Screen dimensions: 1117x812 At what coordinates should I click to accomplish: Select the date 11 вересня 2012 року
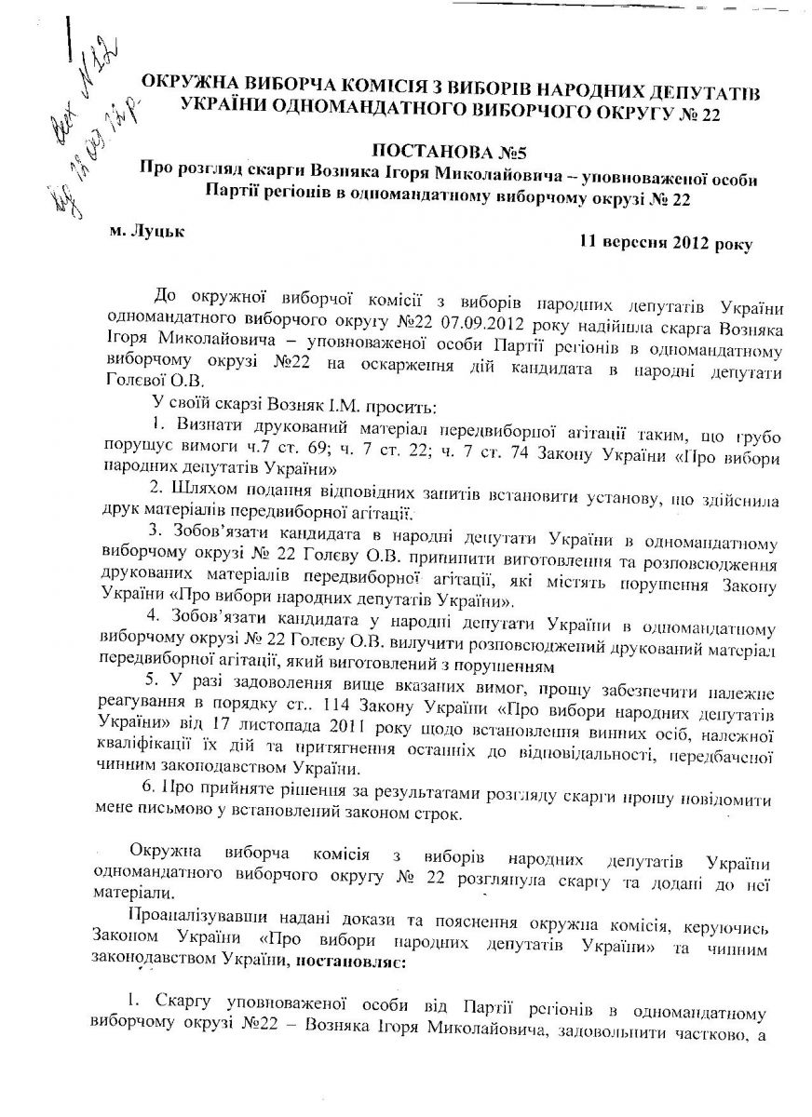pyautogui.click(x=665, y=243)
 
